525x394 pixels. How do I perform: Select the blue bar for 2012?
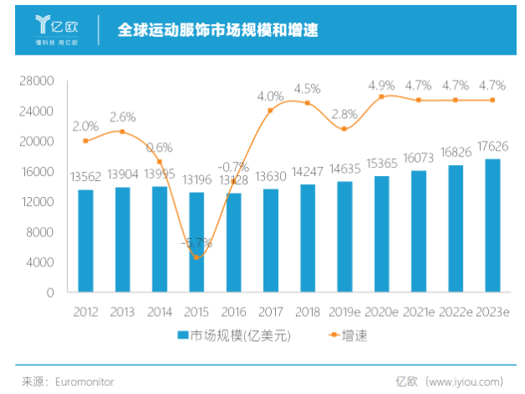(x=86, y=241)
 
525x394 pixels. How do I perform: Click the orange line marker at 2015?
(x=196, y=257)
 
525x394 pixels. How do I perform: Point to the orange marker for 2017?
(x=270, y=111)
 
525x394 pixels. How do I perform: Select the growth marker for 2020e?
(x=382, y=97)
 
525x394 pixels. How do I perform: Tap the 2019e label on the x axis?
(x=345, y=312)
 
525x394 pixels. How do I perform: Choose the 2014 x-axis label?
(x=159, y=312)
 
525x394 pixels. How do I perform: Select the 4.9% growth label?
(x=382, y=85)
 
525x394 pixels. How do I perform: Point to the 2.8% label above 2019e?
(x=345, y=114)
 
